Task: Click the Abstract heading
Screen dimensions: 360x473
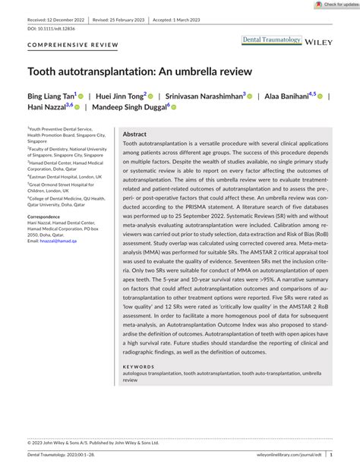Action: (x=134, y=134)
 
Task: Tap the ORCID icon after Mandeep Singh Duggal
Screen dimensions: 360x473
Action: (x=174, y=109)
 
